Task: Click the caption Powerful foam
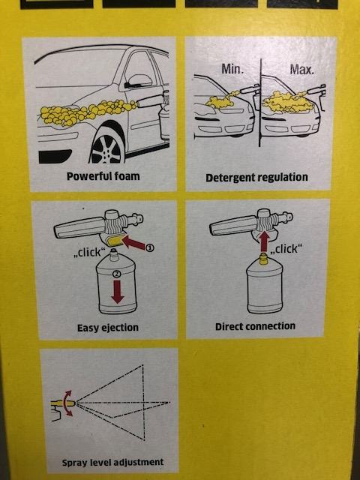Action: pos(103,176)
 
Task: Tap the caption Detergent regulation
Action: pos(256,178)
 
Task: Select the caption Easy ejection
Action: pos(108,328)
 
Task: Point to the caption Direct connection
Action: pos(255,326)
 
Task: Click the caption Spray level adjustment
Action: pos(112,462)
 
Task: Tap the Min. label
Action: pos(232,69)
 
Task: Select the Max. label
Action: pos(301,70)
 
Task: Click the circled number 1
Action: pos(149,248)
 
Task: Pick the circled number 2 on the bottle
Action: pos(116,274)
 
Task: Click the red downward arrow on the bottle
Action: pos(117,292)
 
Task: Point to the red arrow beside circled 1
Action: pos(134,244)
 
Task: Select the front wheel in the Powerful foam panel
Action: pos(107,146)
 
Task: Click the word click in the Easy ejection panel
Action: pos(89,252)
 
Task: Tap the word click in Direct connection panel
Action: pos(286,249)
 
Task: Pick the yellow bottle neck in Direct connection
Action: pos(263,259)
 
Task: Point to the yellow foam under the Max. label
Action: pos(286,102)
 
